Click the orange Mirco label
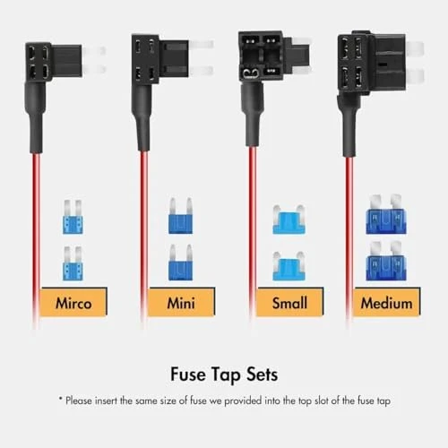[x=73, y=302]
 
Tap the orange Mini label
[x=181, y=302]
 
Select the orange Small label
[x=289, y=302]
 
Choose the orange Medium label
[x=386, y=302]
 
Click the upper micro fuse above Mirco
[x=73, y=217]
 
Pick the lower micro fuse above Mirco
[x=73, y=263]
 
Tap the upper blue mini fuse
[x=180, y=216]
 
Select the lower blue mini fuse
[x=180, y=263]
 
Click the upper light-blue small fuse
[x=289, y=220]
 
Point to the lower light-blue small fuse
[x=289, y=266]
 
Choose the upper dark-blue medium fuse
[x=386, y=214]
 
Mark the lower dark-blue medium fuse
[x=386, y=261]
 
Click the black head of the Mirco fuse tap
[x=53, y=62]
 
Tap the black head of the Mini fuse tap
[x=160, y=59]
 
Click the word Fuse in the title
[x=188, y=375]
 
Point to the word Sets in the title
[x=262, y=375]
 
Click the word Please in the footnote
[x=78, y=401]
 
